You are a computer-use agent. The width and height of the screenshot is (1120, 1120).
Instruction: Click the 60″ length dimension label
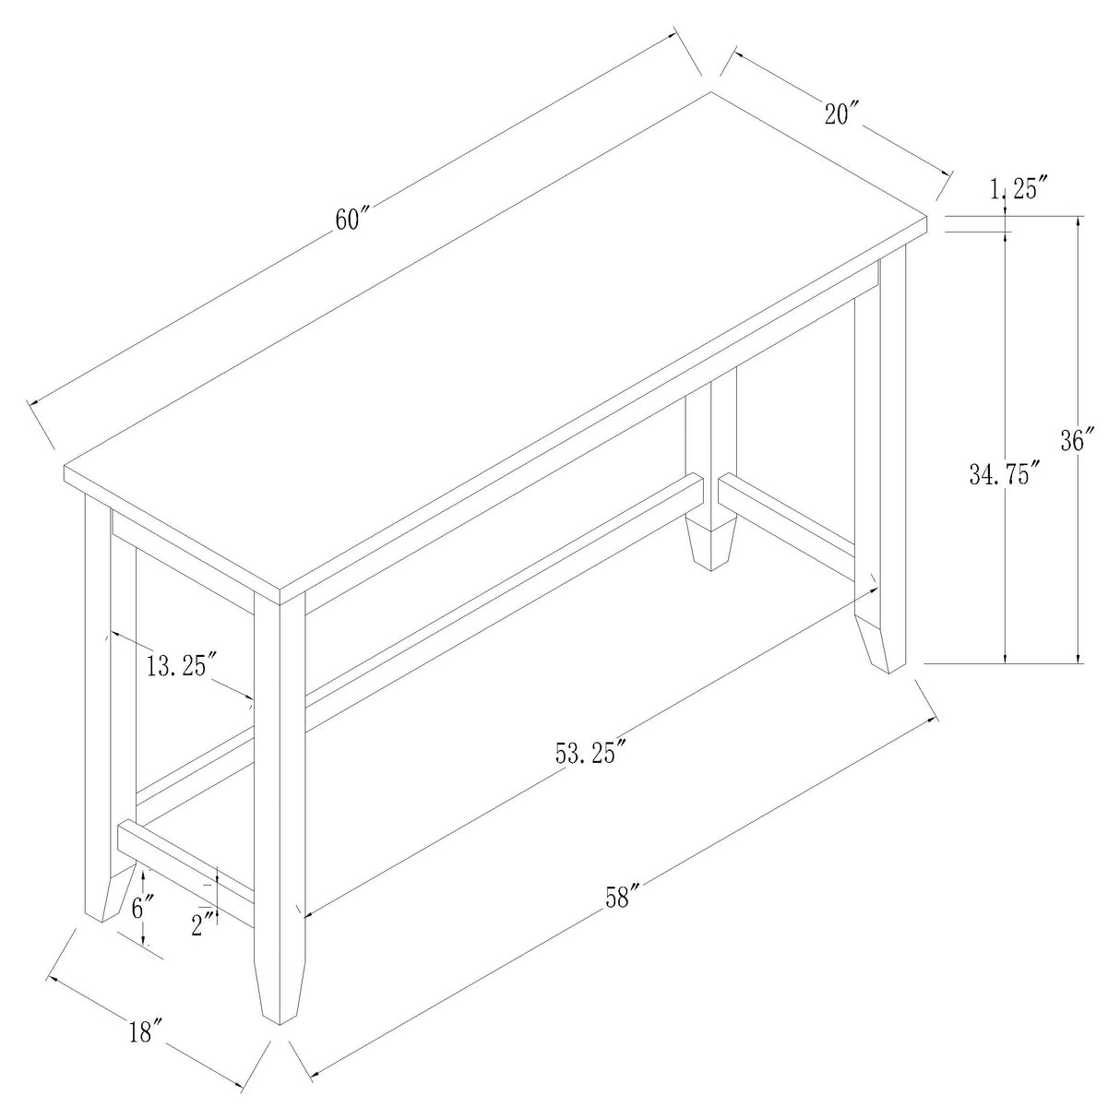coord(352,221)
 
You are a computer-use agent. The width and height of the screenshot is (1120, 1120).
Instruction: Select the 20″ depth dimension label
coord(842,115)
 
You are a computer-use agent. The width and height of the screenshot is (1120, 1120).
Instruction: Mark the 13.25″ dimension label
coord(181,664)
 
